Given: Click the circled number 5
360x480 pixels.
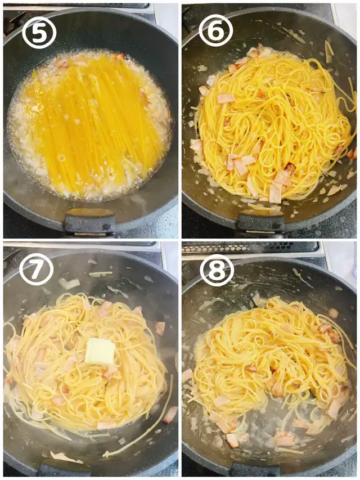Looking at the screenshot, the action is click(39, 33).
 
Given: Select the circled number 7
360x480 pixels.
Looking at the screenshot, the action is click(36, 268).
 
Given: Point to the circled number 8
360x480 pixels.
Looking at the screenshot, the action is click(217, 270).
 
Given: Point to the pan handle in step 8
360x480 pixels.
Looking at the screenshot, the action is click(255, 471).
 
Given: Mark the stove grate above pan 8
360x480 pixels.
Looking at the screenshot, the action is click(250, 248).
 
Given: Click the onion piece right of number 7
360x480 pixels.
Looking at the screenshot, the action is click(69, 284).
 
